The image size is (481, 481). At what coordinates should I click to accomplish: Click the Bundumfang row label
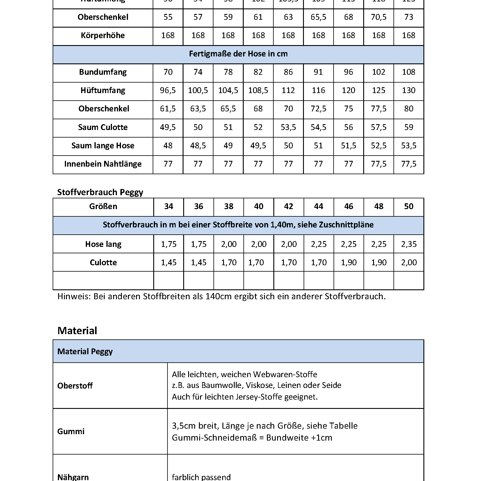(103, 72)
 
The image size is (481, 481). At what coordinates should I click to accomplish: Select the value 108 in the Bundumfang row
(408, 72)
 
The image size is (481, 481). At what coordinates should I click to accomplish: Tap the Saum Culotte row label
(103, 127)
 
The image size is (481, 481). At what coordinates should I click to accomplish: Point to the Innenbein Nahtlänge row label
(103, 164)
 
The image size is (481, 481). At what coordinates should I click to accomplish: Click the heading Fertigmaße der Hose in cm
(238, 54)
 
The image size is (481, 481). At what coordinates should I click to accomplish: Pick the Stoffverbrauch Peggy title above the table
(100, 192)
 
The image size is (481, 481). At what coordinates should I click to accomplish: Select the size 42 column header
(288, 206)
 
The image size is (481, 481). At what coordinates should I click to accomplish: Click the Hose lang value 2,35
(409, 244)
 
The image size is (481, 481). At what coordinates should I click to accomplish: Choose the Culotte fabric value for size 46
(348, 263)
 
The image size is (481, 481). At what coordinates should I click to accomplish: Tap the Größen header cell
(103, 206)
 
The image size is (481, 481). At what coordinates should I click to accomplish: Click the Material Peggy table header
(85, 352)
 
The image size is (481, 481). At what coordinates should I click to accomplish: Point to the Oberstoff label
(75, 386)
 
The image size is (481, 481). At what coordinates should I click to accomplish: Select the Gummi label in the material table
(71, 431)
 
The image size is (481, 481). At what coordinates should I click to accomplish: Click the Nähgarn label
(73, 477)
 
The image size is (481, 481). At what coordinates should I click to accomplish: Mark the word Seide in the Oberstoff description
(331, 385)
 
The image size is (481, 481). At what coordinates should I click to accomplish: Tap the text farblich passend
(201, 477)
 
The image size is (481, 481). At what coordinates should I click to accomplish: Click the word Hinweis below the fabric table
(74, 296)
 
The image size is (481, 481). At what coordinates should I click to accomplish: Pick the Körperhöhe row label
(103, 35)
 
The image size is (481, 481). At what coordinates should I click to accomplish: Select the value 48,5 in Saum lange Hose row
(198, 146)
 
